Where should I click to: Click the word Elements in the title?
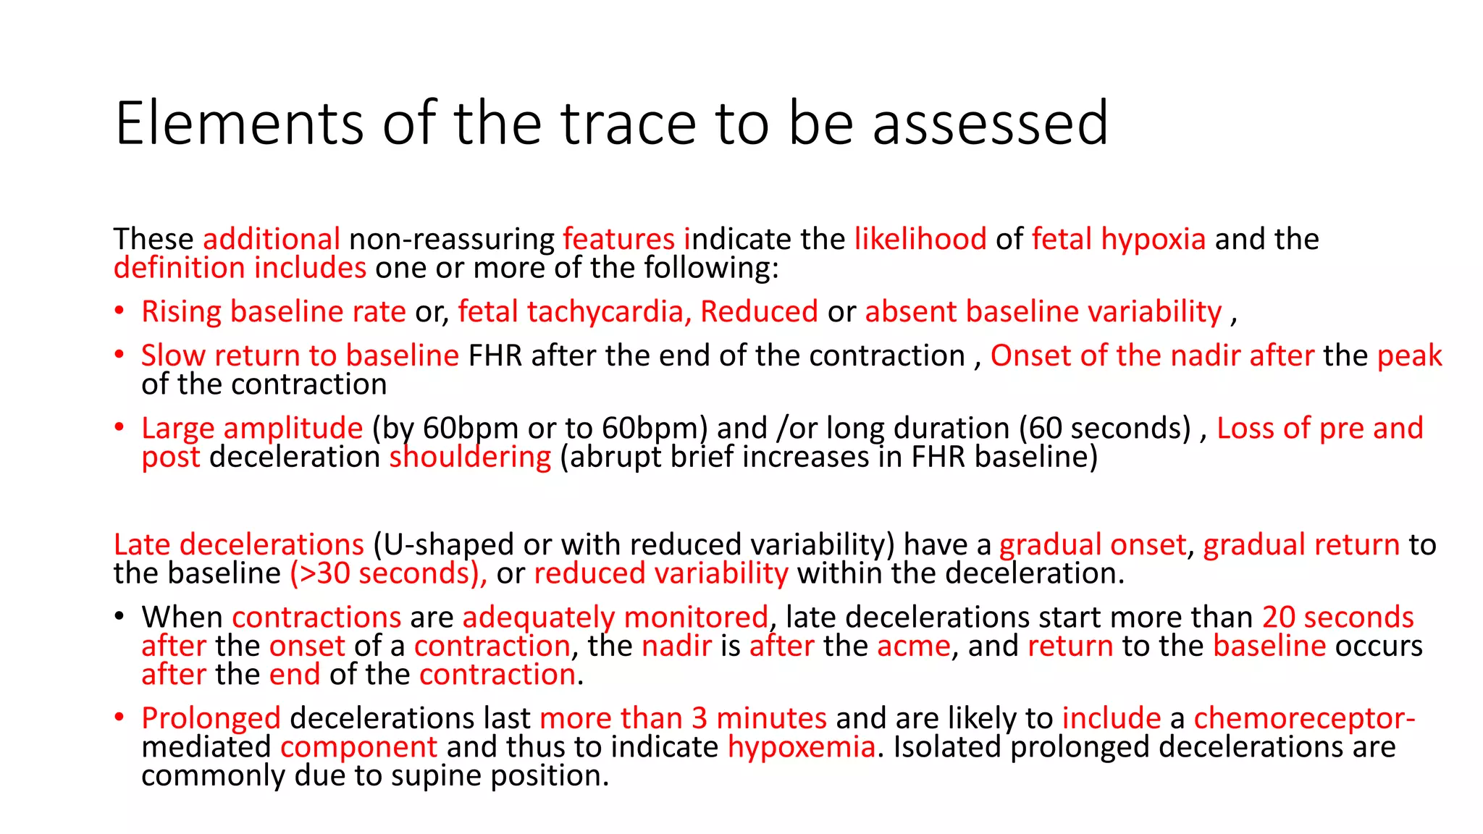[x=239, y=124]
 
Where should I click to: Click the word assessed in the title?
[x=990, y=124]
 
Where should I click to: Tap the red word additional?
[x=272, y=239]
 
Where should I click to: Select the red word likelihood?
[x=920, y=239]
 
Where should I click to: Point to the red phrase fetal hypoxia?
[x=1118, y=239]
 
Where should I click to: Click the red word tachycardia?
[x=605, y=312]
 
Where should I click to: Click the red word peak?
[x=1409, y=355]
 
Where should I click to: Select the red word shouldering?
[x=470, y=457]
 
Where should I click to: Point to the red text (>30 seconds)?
[x=387, y=573]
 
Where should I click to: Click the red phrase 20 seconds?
[x=1337, y=618]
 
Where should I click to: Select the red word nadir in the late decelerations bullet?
[x=676, y=646]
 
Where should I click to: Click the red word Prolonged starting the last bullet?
[x=211, y=718]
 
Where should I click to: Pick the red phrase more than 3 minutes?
[x=683, y=718]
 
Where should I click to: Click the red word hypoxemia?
[x=801, y=747]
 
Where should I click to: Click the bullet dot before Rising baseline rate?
[x=119, y=312]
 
